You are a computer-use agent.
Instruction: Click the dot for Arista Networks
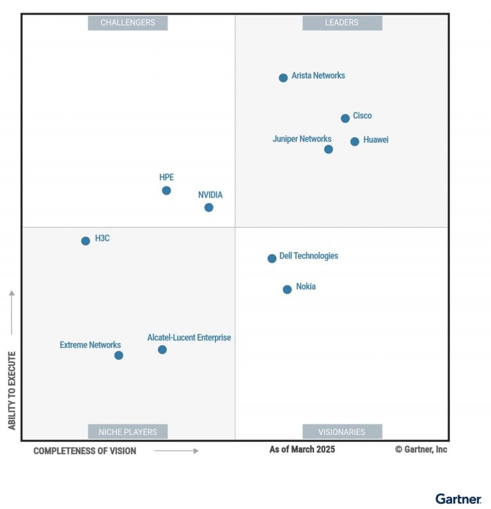pyautogui.click(x=283, y=78)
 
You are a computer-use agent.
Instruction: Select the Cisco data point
pyautogui.click(x=345, y=118)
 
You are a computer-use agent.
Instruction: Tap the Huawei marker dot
pyautogui.click(x=355, y=142)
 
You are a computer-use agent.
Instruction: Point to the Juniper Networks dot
pyautogui.click(x=329, y=149)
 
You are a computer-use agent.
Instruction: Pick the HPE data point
pyautogui.click(x=166, y=190)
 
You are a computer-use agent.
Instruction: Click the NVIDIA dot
pyautogui.click(x=209, y=208)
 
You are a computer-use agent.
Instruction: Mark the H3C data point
pyautogui.click(x=86, y=241)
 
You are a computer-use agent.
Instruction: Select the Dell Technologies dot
pyautogui.click(x=272, y=259)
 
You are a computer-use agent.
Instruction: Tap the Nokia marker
pyautogui.click(x=287, y=289)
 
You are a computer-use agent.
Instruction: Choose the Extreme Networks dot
pyautogui.click(x=119, y=356)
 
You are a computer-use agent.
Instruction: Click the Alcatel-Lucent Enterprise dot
pyautogui.click(x=162, y=349)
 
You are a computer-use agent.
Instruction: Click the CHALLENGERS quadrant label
pyautogui.click(x=128, y=23)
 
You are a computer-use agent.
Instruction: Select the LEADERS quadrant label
pyautogui.click(x=342, y=23)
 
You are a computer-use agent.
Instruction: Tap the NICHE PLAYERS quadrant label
pyautogui.click(x=128, y=432)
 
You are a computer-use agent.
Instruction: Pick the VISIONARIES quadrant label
pyautogui.click(x=342, y=432)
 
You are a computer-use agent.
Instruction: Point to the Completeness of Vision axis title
pyautogui.click(x=85, y=451)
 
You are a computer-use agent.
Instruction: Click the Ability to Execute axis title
pyautogui.click(x=12, y=390)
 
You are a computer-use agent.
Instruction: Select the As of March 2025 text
pyautogui.click(x=302, y=450)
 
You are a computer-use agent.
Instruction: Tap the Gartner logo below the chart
pyautogui.click(x=458, y=499)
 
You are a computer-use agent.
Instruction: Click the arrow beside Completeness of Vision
pyautogui.click(x=176, y=451)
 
